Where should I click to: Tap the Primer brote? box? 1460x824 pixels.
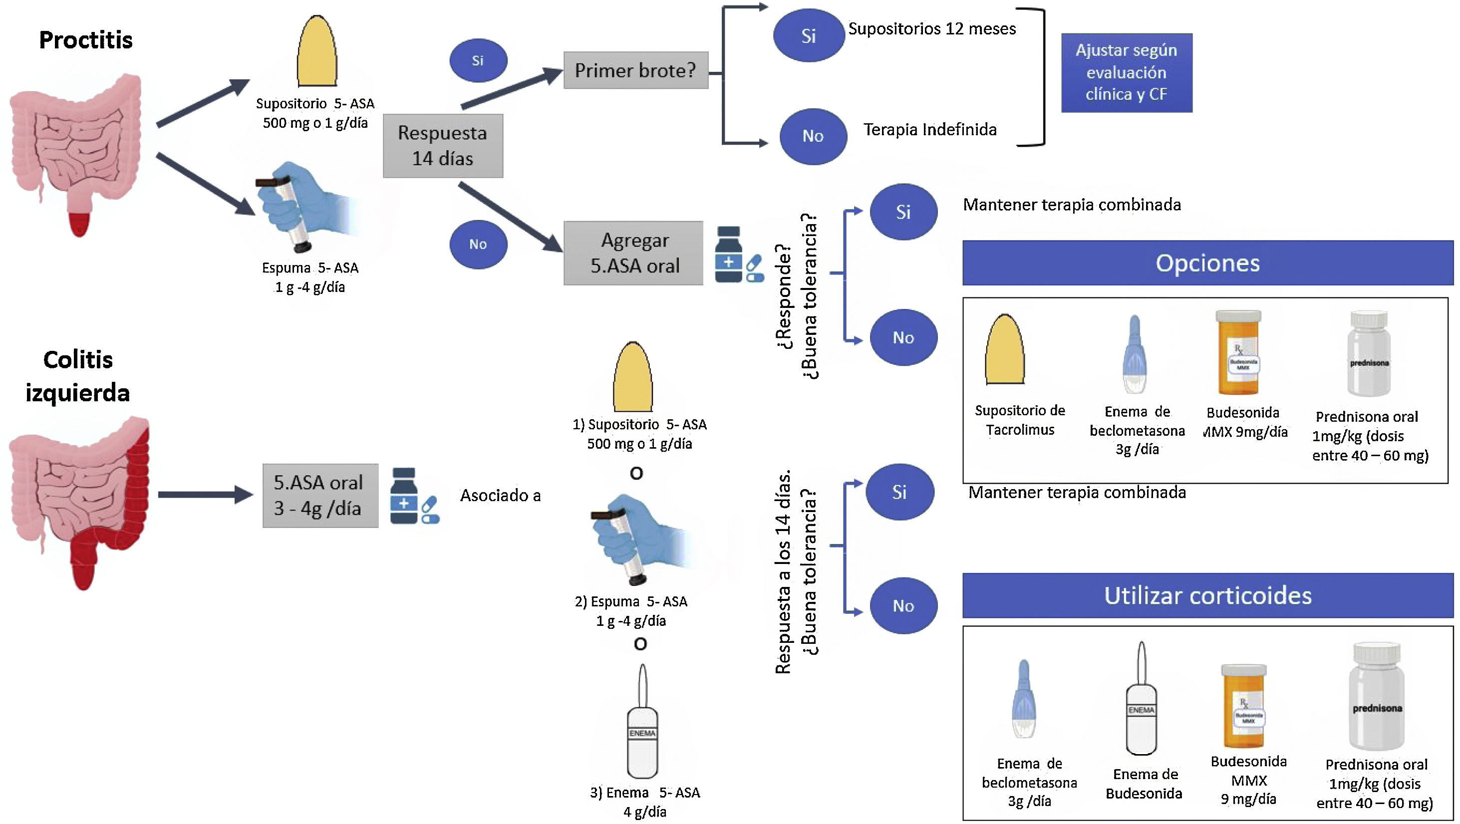(635, 70)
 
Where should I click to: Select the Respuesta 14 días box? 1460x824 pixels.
(443, 146)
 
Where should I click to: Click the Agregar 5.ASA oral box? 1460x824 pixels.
(633, 253)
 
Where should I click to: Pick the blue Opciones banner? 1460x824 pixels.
(1207, 263)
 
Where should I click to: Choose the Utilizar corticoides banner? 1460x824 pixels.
(1207, 595)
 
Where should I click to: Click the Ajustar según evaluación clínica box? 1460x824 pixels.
(1126, 72)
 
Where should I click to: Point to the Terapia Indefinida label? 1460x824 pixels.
(929, 130)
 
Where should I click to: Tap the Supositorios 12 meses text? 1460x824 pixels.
(932, 29)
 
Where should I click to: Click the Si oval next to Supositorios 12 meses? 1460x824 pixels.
(808, 36)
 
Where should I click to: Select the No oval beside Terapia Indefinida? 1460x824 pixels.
(813, 137)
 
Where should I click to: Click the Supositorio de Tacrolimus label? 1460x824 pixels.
(1020, 420)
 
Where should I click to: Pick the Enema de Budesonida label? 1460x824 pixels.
(1145, 784)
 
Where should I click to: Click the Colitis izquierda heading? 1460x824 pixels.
(78, 376)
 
